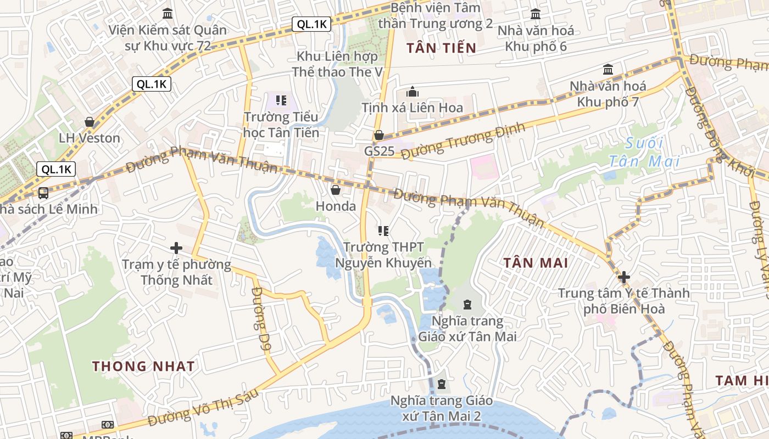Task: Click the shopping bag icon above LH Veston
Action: point(89,122)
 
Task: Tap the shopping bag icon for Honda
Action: point(336,190)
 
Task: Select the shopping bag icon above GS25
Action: point(379,135)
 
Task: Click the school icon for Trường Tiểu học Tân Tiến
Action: point(281,100)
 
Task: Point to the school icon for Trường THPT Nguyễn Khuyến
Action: point(383,231)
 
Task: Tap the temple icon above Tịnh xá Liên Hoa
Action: point(413,92)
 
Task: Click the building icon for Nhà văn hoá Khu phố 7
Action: point(608,70)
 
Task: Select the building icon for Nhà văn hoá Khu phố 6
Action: point(536,14)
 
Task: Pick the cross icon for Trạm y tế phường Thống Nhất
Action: point(176,248)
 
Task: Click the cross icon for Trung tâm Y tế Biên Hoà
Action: point(623,277)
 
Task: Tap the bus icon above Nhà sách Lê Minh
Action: point(43,193)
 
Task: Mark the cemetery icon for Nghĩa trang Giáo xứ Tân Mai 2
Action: point(442,384)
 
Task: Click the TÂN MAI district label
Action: point(536,263)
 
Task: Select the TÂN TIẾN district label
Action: point(441,48)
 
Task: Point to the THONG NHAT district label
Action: point(143,366)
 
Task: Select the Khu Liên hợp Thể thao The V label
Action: point(337,64)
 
